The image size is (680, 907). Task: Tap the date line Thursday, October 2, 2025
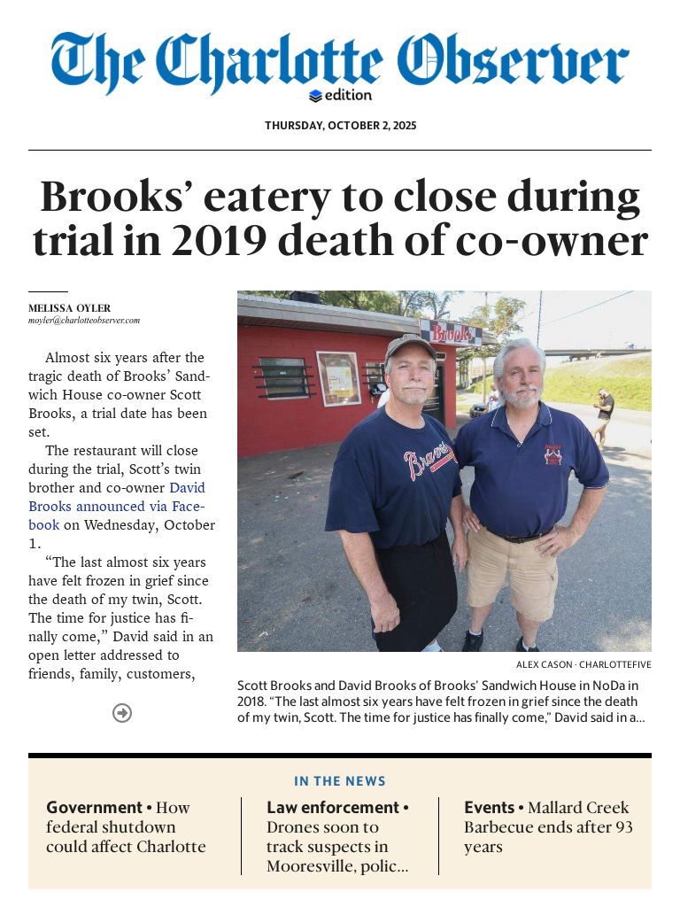[x=340, y=126]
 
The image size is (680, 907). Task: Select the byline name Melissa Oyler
[x=70, y=308]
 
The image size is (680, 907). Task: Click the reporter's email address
[x=84, y=321]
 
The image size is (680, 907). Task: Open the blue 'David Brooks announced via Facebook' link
[x=116, y=506]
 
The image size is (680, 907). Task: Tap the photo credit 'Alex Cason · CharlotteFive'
[x=583, y=664]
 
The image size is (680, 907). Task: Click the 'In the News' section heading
[x=340, y=781]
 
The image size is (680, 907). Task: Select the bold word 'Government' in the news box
[x=95, y=808]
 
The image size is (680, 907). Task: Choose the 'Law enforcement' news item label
[x=333, y=808]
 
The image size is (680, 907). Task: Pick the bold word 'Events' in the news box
[x=490, y=808]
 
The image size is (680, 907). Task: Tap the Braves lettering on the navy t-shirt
[x=428, y=462]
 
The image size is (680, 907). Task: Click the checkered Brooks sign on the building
[x=452, y=333]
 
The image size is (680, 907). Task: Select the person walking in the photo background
[x=605, y=415]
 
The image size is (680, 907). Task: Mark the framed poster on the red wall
[x=337, y=378]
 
